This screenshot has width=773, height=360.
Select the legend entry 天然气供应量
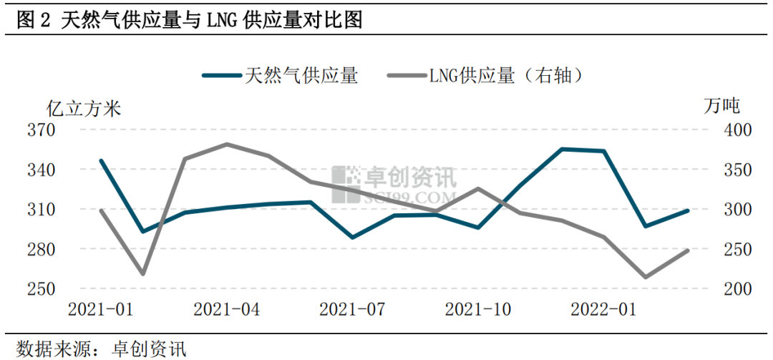click(280, 75)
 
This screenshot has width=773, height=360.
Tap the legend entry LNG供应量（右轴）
click(487, 75)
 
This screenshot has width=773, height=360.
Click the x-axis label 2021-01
click(101, 310)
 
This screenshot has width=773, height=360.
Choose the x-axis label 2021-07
click(352, 310)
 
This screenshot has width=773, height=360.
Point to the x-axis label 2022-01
click(603, 310)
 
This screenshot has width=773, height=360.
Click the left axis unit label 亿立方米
click(84, 108)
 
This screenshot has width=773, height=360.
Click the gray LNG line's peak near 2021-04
click(227, 145)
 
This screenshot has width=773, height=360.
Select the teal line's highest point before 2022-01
click(563, 149)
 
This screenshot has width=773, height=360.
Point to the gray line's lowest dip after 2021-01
click(142, 273)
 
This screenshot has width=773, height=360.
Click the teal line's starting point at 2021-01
click(101, 160)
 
